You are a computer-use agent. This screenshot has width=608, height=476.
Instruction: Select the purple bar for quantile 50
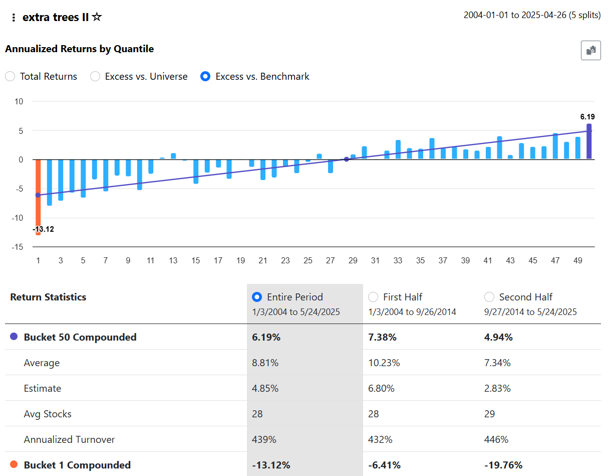[x=589, y=142]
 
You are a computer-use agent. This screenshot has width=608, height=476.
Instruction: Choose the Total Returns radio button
[x=10, y=77]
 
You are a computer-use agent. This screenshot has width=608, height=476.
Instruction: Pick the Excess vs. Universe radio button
[x=95, y=77]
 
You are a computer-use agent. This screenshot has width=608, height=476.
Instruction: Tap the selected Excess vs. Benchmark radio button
[x=205, y=77]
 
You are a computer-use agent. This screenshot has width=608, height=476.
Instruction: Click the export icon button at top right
[x=591, y=50]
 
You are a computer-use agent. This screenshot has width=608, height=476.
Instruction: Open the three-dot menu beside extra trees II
[x=14, y=18]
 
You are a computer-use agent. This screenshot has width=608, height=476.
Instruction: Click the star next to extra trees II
[x=97, y=17]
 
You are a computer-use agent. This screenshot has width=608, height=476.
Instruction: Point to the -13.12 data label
[x=43, y=229]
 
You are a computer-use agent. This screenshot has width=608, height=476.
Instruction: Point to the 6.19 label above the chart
[x=587, y=117]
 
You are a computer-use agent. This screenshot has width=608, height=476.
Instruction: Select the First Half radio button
[x=373, y=297]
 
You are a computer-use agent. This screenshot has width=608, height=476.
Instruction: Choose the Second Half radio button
[x=489, y=297]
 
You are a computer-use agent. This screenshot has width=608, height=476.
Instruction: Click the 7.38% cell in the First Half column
[x=382, y=337]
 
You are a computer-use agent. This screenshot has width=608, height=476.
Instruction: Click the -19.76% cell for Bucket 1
[x=503, y=465]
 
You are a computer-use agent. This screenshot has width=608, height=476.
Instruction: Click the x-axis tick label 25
[x=308, y=260]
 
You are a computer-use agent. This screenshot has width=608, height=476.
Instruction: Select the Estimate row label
[x=43, y=388]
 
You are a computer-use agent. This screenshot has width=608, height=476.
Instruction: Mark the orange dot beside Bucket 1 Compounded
[x=14, y=465]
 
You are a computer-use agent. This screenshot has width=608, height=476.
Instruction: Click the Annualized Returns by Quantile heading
[x=79, y=49]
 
